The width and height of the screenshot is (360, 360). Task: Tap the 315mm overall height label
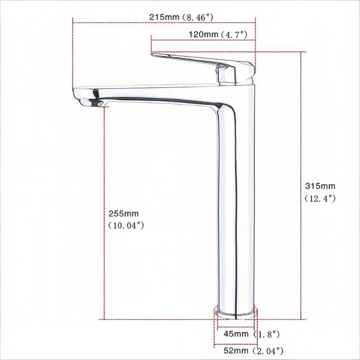click(320, 186)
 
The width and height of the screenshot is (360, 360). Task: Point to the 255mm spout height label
click(123, 214)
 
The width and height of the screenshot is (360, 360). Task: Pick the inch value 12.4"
click(320, 198)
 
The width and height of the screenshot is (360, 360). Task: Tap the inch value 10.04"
click(126, 225)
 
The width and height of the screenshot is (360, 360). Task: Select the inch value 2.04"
click(268, 351)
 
